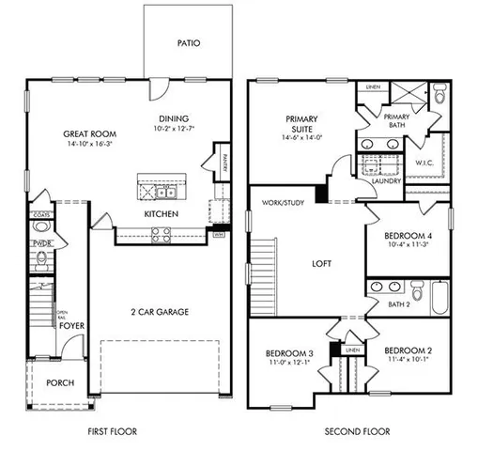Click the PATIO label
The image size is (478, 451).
[190, 43]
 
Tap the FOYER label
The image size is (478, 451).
[72, 326]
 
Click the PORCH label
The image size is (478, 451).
[59, 382]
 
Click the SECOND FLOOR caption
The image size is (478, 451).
[358, 431]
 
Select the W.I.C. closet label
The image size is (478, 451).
[424, 163]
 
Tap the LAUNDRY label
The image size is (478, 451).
[387, 180]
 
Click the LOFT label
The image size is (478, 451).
[322, 264]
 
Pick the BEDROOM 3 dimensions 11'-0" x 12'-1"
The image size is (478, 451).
[287, 361]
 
